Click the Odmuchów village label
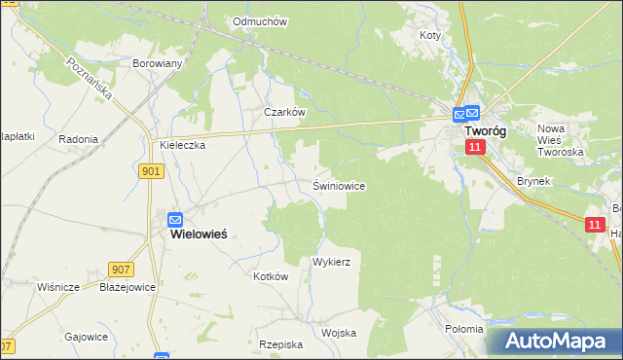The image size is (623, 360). pyautogui.click(x=260, y=20)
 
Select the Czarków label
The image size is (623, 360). pyautogui.click(x=285, y=112)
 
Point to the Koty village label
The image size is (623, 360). pyautogui.click(x=430, y=35)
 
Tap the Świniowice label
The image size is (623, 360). pyautogui.click(x=339, y=185)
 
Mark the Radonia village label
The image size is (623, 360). pyautogui.click(x=78, y=139)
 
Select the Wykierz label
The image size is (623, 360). pyautogui.click(x=331, y=263)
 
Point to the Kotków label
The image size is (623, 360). pyautogui.click(x=271, y=276)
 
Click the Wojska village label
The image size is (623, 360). pyautogui.click(x=338, y=333)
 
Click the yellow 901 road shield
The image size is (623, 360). pyautogui.click(x=151, y=171)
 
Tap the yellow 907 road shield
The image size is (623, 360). pyautogui.click(x=121, y=270)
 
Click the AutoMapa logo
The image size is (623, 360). pyautogui.click(x=554, y=342)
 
